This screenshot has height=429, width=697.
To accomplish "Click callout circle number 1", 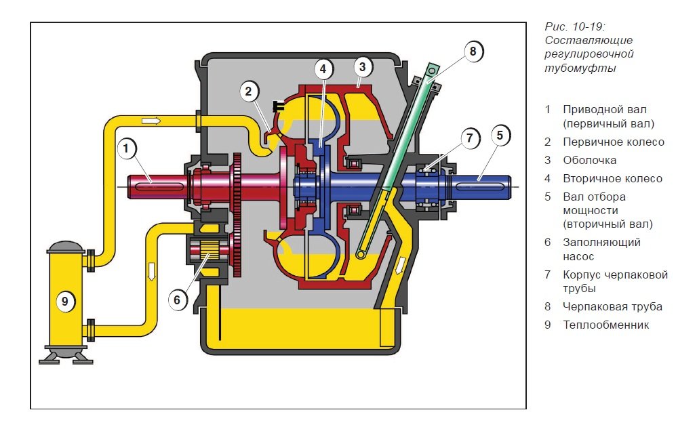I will [127, 148].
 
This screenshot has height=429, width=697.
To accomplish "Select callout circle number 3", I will [363, 66].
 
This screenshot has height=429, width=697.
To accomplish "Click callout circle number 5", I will [499, 136].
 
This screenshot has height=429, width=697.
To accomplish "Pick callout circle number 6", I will [178, 300].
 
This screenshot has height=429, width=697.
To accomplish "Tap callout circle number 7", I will [469, 138].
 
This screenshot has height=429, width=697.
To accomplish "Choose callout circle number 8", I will [473, 51].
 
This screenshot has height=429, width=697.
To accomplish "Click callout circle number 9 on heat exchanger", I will [64, 302].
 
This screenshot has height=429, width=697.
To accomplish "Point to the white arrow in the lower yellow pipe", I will [151, 270].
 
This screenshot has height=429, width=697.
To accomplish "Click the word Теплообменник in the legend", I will [605, 325].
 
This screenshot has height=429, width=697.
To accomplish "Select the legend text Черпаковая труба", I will [612, 306].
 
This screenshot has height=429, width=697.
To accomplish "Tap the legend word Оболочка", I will [589, 161].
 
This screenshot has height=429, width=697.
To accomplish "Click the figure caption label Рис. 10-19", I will [575, 26].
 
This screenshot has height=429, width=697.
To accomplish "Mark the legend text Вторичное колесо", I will [612, 179].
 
